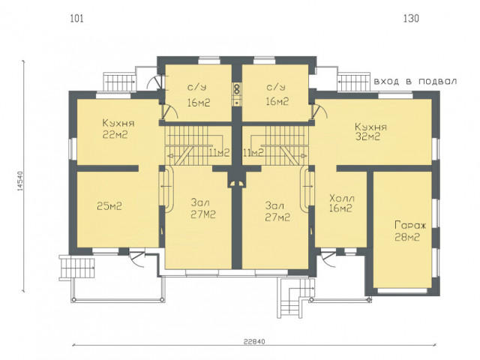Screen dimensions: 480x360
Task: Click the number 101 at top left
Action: click(76, 19)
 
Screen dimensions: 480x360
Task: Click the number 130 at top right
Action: click(411, 19)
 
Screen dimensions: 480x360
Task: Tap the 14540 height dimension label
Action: click(20, 181)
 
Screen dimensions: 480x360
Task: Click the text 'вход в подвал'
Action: click(415, 82)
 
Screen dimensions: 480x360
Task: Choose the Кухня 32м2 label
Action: click(370, 132)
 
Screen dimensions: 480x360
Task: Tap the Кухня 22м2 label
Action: click(118, 129)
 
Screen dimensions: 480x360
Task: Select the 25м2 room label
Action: click(109, 206)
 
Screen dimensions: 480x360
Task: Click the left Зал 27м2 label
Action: click(203, 208)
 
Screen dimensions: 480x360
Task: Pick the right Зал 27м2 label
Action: click(277, 211)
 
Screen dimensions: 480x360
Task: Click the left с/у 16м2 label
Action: click(198, 95)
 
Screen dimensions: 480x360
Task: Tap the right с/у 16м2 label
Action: click(277, 94)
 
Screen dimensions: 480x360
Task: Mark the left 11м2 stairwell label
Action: click(220, 152)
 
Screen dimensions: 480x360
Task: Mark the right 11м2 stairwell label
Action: click(253, 152)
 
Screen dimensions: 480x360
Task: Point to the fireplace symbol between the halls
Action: click(237, 183)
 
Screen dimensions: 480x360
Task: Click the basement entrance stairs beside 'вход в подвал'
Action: click(354, 82)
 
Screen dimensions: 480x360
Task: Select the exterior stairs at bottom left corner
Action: click(76, 267)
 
